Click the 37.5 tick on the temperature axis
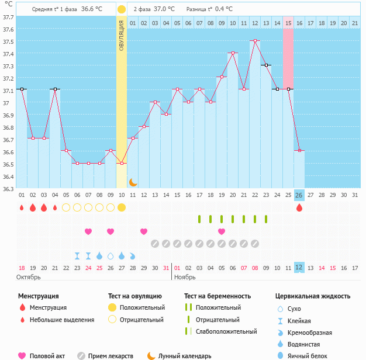pyautogui.click(x=9, y=42)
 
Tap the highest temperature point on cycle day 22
pyautogui.click(x=255, y=41)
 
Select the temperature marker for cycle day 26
pyautogui.click(x=299, y=150)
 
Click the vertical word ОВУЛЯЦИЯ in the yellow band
pyautogui.click(x=121, y=34)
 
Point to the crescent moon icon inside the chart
pyautogui.click(x=133, y=182)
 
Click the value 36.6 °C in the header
pyautogui.click(x=91, y=9)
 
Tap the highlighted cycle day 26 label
pyautogui.click(x=299, y=195)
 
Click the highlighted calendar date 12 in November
pyautogui.click(x=299, y=268)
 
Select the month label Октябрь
pyautogui.click(x=28, y=276)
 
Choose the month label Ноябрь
pyautogui.click(x=185, y=276)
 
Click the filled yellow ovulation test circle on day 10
pyautogui.click(x=122, y=207)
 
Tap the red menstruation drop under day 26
pyautogui.click(x=299, y=207)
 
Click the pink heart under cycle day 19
pyautogui.click(x=222, y=231)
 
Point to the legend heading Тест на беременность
pyautogui.click(x=217, y=296)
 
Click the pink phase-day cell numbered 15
pyautogui.click(x=288, y=23)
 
